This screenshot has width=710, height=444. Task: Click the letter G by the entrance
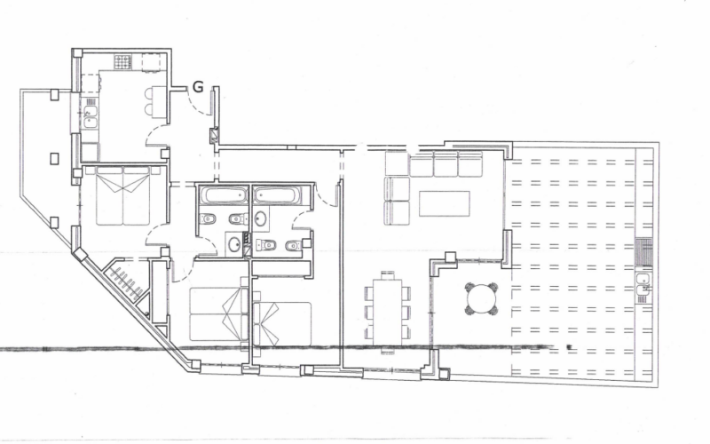198,86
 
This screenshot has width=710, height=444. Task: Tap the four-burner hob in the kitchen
122,62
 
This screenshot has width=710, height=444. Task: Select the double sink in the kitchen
91,117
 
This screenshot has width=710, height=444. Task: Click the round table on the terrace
481,299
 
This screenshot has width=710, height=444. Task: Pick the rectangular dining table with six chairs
388,312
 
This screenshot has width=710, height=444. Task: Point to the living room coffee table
445,203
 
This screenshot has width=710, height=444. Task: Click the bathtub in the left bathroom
225,195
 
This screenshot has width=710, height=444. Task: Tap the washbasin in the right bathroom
261,218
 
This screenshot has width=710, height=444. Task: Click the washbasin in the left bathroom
234,245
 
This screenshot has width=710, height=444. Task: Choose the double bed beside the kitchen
122,195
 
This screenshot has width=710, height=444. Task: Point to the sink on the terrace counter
643,285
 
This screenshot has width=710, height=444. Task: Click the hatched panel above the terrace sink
644,252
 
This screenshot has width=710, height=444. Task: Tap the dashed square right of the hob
152,62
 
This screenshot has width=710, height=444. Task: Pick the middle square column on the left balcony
54,159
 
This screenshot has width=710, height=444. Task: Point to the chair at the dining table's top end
388,274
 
